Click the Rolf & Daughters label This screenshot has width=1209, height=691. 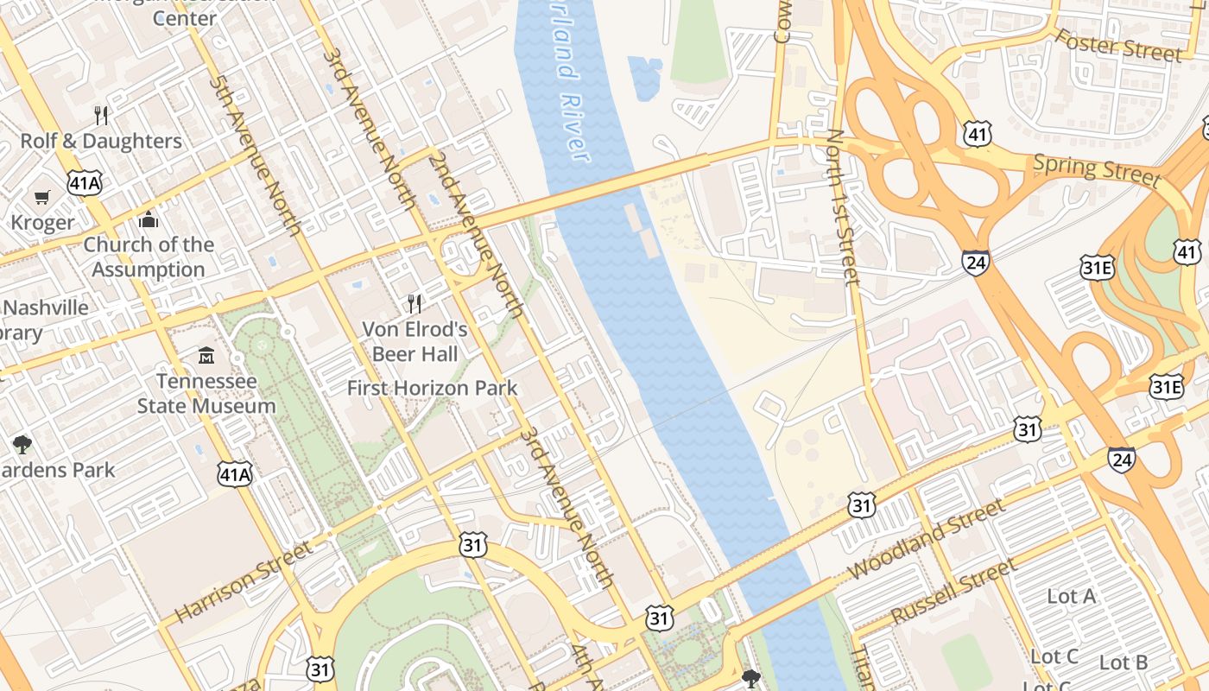pyautogui.click(x=101, y=141)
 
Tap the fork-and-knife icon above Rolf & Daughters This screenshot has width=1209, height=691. pyautogui.click(x=101, y=115)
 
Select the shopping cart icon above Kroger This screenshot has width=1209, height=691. pyautogui.click(x=41, y=198)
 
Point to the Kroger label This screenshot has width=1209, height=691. pyautogui.click(x=42, y=223)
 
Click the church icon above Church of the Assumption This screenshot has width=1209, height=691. pyautogui.click(x=149, y=219)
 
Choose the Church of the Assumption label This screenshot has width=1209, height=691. pyautogui.click(x=149, y=257)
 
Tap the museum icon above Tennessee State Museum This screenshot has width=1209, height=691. pyautogui.click(x=206, y=355)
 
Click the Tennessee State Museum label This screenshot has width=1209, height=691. pyautogui.click(x=206, y=393)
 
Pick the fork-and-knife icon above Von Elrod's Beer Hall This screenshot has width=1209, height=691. pyautogui.click(x=415, y=303)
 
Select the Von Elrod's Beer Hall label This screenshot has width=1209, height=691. pyautogui.click(x=415, y=341)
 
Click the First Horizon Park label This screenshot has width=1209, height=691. pyautogui.click(x=432, y=388)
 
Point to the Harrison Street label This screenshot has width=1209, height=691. pyautogui.click(x=244, y=581)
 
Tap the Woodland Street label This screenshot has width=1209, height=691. pyautogui.click(x=927, y=539)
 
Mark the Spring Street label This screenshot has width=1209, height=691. pyautogui.click(x=1097, y=168)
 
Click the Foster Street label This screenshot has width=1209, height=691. pyautogui.click(x=1118, y=45)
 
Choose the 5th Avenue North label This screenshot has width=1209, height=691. pyautogui.click(x=255, y=155)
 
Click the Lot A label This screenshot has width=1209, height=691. pyautogui.click(x=1071, y=596)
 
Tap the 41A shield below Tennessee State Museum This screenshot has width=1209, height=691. pyautogui.click(x=235, y=473)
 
